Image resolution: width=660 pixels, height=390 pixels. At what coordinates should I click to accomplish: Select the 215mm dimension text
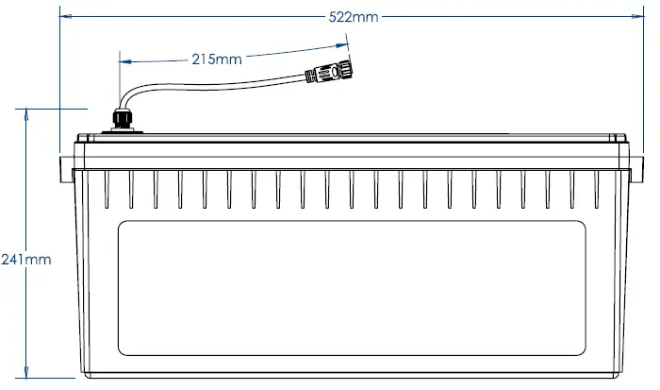point(216,59)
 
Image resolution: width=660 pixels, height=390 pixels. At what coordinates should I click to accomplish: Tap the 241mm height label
point(25,258)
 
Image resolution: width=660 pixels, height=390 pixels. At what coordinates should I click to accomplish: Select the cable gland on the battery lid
point(121,120)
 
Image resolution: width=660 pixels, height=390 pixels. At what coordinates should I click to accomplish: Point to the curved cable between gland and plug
point(207,83)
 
